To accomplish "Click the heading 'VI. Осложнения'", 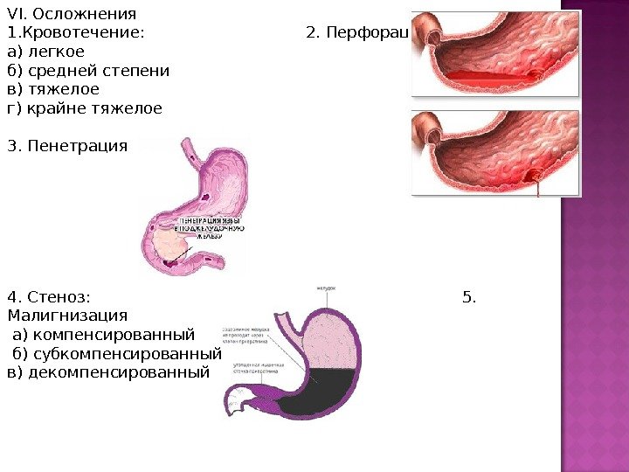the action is [x=72, y=14].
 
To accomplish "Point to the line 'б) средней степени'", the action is [x=88, y=71].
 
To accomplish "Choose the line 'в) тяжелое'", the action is [x=52, y=90].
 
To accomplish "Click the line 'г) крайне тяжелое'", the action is [x=84, y=109].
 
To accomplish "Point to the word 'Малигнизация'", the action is [x=66, y=316].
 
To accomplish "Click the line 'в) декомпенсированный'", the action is [x=108, y=372].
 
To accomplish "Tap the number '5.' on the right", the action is [x=469, y=297].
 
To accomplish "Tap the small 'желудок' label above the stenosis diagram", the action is [x=326, y=288].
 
